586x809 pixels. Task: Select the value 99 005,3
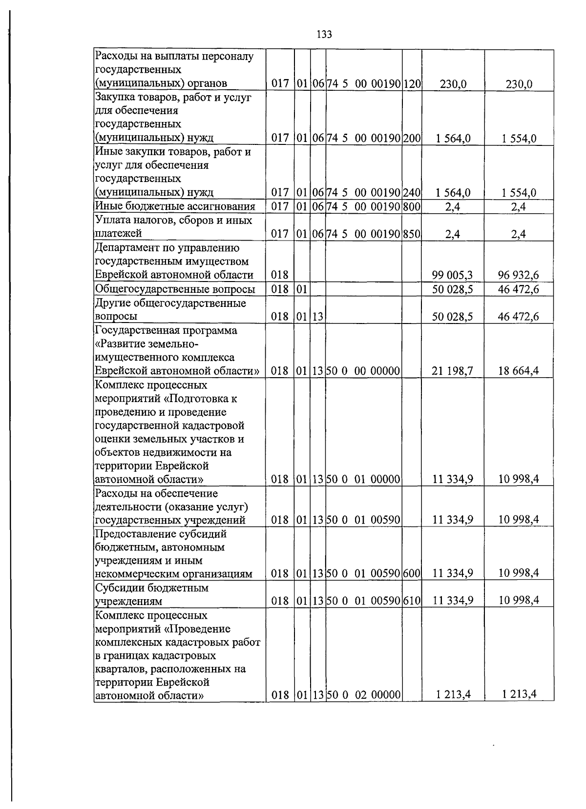tap(452, 276)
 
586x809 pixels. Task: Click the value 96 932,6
tap(518, 276)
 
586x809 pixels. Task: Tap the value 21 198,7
tap(452, 371)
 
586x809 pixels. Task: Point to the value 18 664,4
tap(518, 371)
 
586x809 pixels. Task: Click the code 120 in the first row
tap(412, 84)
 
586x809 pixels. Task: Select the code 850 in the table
tap(412, 234)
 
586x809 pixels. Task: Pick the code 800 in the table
tap(412, 207)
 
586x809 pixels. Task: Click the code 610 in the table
tap(412, 601)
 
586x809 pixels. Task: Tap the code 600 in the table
tap(412, 573)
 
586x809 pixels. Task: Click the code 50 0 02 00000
tap(363, 694)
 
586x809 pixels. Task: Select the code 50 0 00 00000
tap(363, 371)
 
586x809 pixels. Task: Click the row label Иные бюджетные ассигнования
tap(175, 207)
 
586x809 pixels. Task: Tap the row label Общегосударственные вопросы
tap(175, 289)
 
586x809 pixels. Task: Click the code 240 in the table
tap(412, 193)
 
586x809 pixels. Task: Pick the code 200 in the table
tap(412, 138)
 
